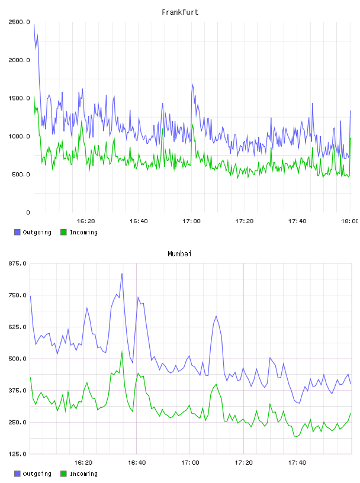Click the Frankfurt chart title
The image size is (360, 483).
180,12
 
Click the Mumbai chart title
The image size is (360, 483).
179,254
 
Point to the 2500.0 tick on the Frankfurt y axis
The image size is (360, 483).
19,22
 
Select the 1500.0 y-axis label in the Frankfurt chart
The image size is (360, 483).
19,98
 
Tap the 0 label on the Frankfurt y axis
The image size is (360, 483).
28,212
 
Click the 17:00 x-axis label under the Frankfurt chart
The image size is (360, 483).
191,221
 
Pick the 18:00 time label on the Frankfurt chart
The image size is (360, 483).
350,221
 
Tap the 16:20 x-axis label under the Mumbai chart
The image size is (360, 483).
83,463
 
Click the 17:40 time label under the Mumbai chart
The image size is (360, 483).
297,463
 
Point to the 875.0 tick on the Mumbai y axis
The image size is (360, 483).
18,263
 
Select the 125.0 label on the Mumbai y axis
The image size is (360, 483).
18,454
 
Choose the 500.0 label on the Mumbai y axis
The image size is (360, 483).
18,359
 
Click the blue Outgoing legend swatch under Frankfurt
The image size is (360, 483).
17,232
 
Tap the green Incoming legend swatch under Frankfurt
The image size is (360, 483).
63,232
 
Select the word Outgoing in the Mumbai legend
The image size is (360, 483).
37,474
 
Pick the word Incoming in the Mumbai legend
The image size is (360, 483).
83,474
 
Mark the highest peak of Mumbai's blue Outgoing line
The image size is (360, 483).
122,273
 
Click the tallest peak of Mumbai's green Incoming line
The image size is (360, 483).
122,351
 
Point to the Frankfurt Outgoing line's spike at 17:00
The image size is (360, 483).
192,85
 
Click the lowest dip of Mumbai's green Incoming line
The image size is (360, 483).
297,436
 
